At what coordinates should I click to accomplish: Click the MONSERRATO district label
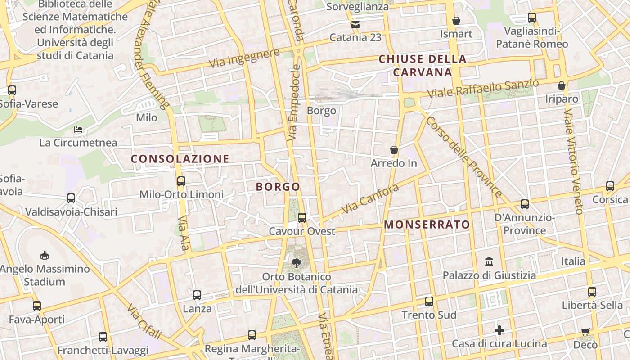[427, 225]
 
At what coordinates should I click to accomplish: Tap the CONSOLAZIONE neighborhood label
[180, 159]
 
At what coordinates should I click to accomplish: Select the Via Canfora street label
[370, 198]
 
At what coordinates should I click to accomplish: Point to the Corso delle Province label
[464, 157]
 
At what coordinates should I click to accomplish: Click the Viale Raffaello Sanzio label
[483, 89]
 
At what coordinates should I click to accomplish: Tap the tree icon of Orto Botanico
[296, 263]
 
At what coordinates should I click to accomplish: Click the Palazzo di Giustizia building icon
[489, 261]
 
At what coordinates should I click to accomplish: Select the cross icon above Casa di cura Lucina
[499, 330]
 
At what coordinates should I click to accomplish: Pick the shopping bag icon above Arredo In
[394, 149]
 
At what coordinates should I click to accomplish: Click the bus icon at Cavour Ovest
[302, 218]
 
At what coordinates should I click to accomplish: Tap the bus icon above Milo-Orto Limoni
[181, 181]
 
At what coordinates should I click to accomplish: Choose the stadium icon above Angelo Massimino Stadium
[44, 256]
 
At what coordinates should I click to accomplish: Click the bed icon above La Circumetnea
[78, 130]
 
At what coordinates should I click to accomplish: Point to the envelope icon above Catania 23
[355, 25]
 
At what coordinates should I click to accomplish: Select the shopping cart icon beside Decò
[585, 332]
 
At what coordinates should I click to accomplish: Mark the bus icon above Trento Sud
[429, 301]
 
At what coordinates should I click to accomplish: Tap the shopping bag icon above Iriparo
[562, 85]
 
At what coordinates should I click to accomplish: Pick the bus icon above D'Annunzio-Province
[525, 204]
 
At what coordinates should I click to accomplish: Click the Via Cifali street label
[144, 321]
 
